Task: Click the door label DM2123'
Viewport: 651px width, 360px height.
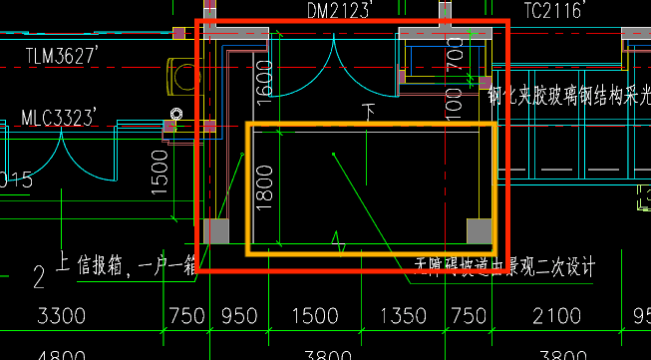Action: [x=339, y=11]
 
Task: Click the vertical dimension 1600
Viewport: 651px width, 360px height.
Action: [x=264, y=79]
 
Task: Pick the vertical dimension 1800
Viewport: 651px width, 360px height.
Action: [x=264, y=185]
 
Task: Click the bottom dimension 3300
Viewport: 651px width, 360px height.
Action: [x=61, y=318]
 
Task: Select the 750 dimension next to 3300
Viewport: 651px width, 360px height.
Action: [x=187, y=318]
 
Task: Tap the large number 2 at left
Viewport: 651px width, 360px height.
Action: [x=40, y=277]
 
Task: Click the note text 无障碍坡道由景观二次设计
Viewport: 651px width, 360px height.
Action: [x=505, y=266]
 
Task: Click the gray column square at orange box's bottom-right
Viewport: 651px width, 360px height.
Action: [x=480, y=231]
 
